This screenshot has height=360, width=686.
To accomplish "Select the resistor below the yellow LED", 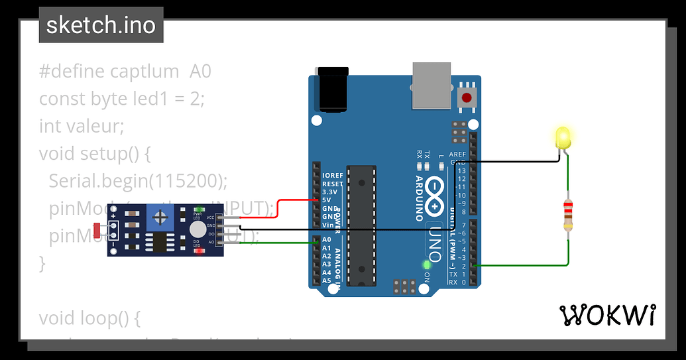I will click(x=568, y=215).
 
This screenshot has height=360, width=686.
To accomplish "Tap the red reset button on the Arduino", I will click(x=467, y=97).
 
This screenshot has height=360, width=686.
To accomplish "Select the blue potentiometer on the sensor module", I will click(x=159, y=217).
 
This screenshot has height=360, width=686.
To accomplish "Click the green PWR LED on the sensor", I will click(x=198, y=210).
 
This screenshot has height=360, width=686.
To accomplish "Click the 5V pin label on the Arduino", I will click(x=327, y=200).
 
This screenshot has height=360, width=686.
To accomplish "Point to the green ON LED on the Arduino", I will click(x=427, y=265).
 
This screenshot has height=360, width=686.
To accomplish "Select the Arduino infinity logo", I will click(x=434, y=190).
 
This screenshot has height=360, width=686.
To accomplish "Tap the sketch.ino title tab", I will click(x=101, y=25).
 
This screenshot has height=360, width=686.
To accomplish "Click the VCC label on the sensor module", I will click(x=211, y=217).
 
